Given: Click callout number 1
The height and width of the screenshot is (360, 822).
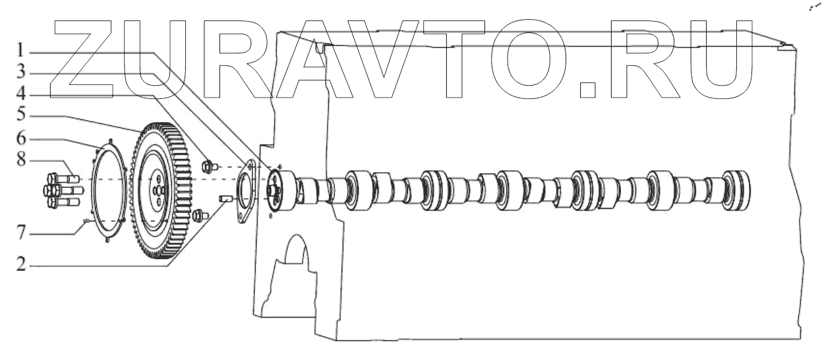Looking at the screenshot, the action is coord(21,50).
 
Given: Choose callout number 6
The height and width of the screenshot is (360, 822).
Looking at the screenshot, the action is coord(21,140).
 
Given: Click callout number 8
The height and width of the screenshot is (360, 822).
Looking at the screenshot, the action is coord(21,161).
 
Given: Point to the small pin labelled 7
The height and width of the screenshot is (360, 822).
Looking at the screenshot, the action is coord(86,223).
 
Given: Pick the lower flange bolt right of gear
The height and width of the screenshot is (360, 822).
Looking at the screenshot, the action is coord(200,214).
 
